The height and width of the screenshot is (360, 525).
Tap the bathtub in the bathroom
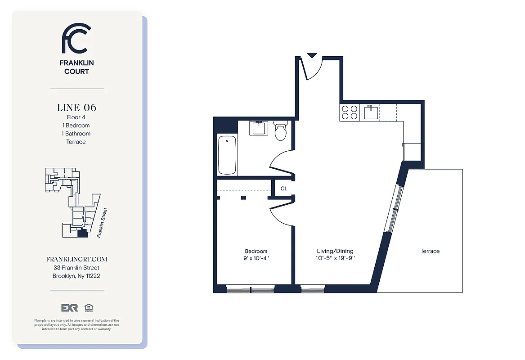(227, 155)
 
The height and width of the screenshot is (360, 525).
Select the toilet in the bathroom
(281, 131)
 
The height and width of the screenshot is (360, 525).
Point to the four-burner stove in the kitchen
(350, 112)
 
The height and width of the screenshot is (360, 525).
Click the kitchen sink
(371, 112)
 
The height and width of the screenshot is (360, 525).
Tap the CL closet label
(284, 189)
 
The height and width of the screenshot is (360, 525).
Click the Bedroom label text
(256, 251)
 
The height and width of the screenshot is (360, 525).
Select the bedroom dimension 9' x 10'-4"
(256, 258)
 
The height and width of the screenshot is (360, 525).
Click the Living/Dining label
(335, 251)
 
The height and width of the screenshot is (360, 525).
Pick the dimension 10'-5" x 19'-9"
(335, 258)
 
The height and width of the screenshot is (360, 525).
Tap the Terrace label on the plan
(430, 251)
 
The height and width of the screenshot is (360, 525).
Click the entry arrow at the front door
(311, 56)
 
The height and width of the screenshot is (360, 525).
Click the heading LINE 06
(76, 108)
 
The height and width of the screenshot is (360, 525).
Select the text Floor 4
(76, 117)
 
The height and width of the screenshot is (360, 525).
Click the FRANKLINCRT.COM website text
(76, 260)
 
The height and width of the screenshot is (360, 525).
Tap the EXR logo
(70, 308)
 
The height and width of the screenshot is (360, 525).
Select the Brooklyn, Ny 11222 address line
(76, 276)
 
